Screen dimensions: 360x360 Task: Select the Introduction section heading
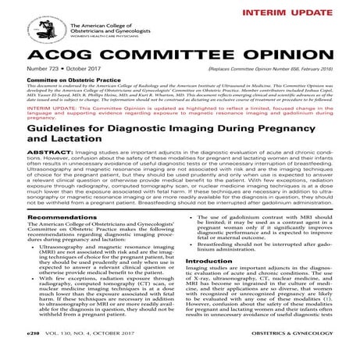click(x=210, y=283)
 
